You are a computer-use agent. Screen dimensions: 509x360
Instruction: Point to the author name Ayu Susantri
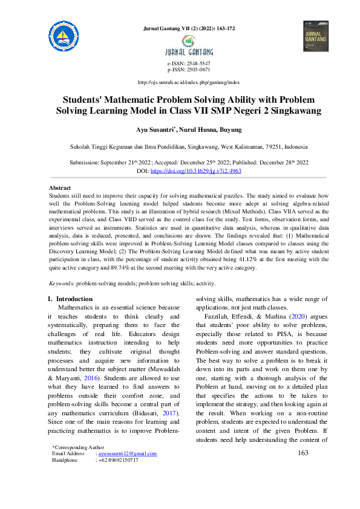click(155, 129)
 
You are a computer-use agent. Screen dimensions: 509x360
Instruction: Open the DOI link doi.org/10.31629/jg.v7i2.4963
click(204, 172)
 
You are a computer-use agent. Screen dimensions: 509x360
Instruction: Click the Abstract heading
click(59, 188)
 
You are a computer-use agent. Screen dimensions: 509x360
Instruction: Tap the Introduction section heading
click(74, 299)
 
